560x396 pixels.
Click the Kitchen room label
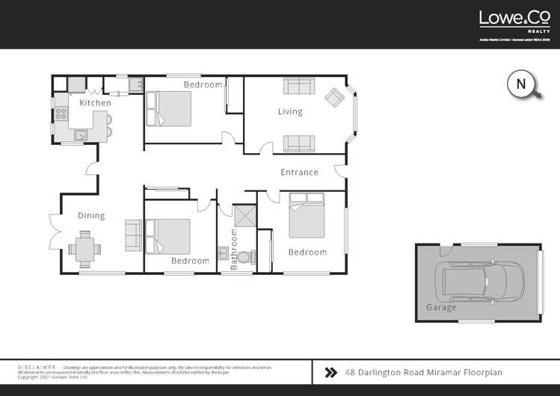(95, 102)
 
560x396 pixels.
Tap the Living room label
(290, 112)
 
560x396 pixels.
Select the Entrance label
(299, 172)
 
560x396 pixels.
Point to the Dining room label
(91, 216)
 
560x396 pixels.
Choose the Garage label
(440, 307)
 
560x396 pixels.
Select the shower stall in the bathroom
(244, 217)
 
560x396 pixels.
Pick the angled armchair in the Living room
(333, 97)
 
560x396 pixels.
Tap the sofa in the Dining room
(133, 235)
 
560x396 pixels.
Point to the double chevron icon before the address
(330, 371)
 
